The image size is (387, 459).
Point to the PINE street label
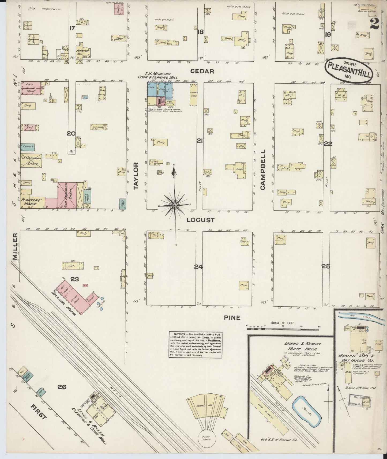(x=232, y=318)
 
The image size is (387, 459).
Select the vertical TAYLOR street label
(x=136, y=176)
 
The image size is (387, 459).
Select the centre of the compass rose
(x=175, y=205)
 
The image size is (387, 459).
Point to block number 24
(x=198, y=267)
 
